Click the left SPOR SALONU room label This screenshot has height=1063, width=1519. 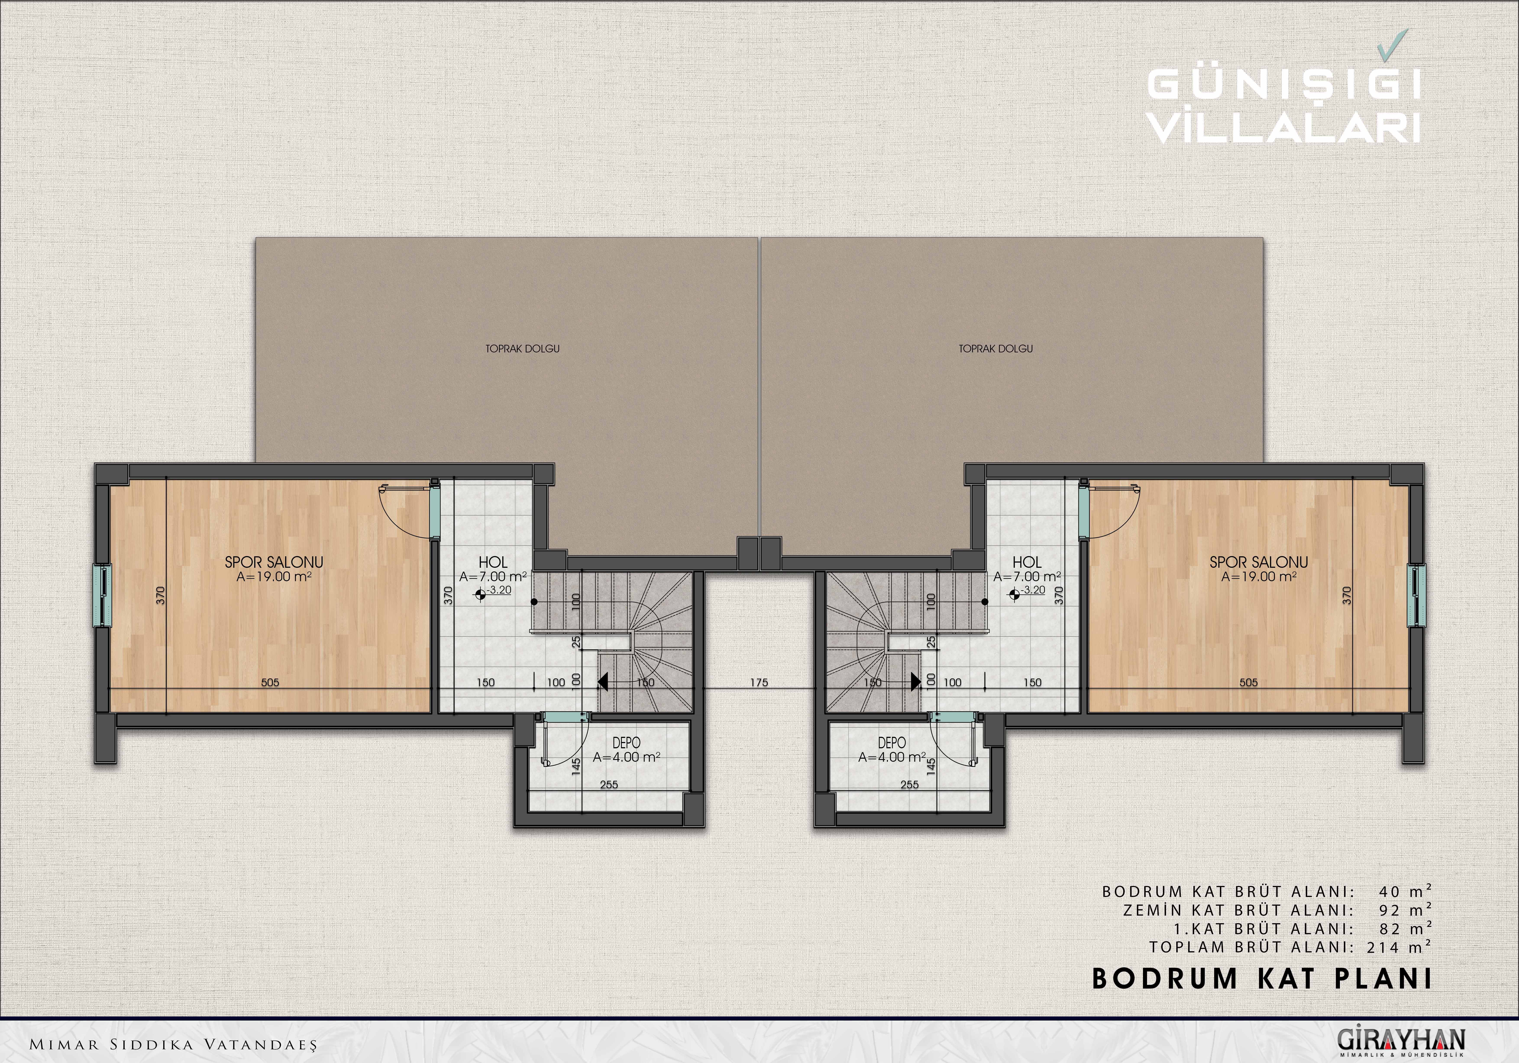pyautogui.click(x=274, y=562)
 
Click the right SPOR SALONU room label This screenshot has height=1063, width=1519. pyautogui.click(x=1259, y=562)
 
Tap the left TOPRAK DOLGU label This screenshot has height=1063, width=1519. pyautogui.click(x=523, y=349)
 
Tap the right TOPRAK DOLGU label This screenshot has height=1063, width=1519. pyautogui.click(x=996, y=349)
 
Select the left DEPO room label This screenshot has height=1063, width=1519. pyautogui.click(x=626, y=744)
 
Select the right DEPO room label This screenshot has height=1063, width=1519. pyautogui.click(x=892, y=744)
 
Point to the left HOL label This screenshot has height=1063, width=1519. pyautogui.click(x=493, y=562)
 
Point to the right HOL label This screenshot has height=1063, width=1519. pyautogui.click(x=1027, y=562)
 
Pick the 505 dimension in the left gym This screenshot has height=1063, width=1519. pyautogui.click(x=270, y=683)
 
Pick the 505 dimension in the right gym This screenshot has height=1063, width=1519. pyautogui.click(x=1248, y=683)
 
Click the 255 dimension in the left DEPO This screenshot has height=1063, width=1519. pyautogui.click(x=609, y=785)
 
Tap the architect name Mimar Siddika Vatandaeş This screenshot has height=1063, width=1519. pyautogui.click(x=173, y=1044)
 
